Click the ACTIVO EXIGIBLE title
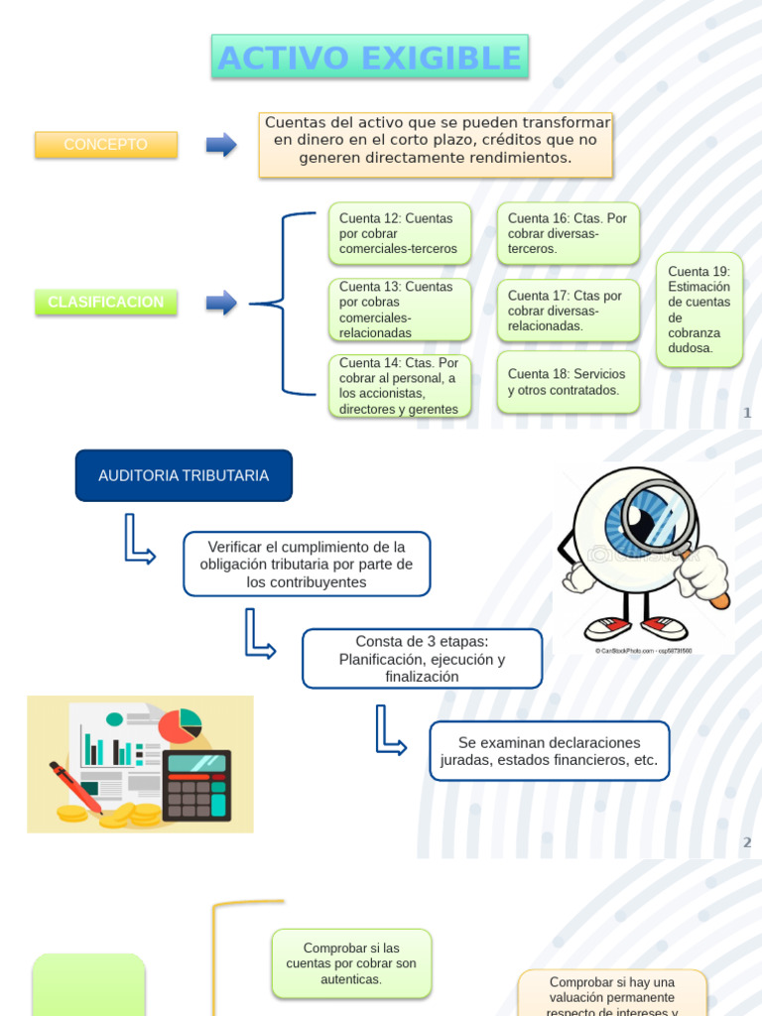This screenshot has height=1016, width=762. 369,58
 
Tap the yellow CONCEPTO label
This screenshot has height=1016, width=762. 106,145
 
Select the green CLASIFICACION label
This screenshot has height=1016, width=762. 106,303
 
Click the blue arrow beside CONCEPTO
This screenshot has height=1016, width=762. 220,145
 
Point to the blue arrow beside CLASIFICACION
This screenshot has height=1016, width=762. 220,303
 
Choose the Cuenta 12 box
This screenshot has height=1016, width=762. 400,233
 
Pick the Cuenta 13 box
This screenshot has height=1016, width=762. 400,310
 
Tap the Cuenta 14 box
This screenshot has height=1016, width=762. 400,386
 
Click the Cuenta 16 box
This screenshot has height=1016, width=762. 569,233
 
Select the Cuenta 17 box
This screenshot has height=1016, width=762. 569,311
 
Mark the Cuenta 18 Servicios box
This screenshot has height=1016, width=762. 569,382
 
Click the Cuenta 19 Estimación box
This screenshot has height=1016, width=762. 699,310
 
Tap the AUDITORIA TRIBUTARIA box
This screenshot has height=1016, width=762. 184,475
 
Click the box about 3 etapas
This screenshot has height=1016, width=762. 422,659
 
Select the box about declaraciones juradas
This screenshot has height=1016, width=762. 549,751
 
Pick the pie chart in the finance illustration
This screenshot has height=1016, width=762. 179,725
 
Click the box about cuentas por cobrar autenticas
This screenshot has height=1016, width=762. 351,963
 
